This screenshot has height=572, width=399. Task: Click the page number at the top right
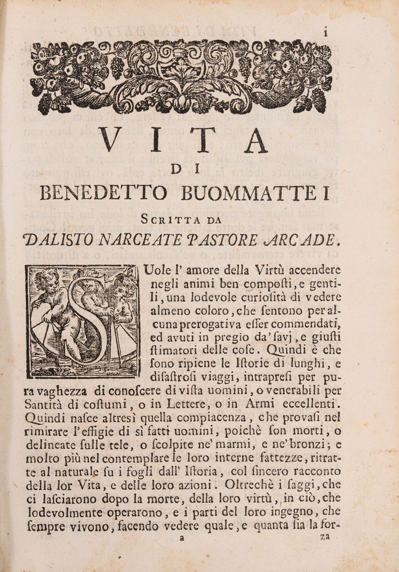325,33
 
